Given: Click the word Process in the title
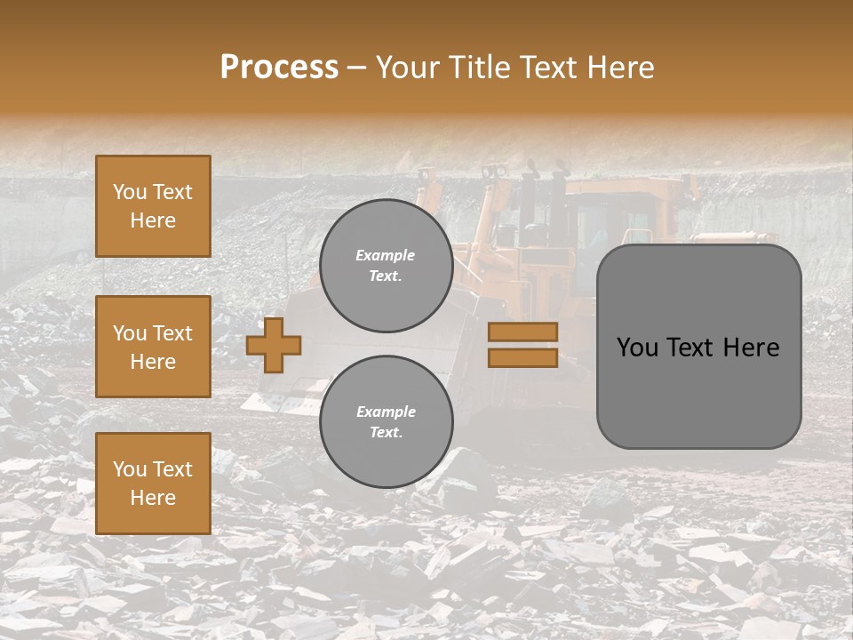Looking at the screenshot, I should click(279, 68).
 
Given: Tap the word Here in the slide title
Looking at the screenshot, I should click(618, 68).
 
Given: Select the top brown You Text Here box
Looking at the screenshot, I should click(153, 206).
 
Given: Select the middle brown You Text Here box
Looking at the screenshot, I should click(153, 347).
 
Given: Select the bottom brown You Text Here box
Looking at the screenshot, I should click(153, 484).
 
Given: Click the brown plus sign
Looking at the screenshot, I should click(274, 345).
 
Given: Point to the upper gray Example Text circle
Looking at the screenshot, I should click(386, 266).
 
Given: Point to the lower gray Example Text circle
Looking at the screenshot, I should click(386, 422).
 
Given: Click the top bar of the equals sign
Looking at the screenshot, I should click(522, 332).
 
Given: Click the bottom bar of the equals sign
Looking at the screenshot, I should click(522, 357).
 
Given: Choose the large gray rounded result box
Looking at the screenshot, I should click(698, 347).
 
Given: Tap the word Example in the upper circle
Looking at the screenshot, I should click(386, 255).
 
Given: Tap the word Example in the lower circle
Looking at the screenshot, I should click(386, 412).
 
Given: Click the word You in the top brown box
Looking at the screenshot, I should click(130, 192).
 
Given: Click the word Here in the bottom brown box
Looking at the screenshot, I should click(153, 498).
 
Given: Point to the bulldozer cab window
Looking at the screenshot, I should click(604, 222).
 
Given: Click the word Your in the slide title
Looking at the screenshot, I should click(404, 68).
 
